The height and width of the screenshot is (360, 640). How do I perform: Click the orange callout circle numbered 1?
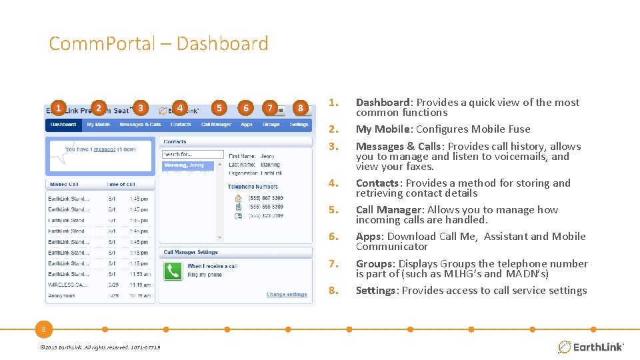(x=59, y=108)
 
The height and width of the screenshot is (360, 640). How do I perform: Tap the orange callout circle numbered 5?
(x=219, y=108)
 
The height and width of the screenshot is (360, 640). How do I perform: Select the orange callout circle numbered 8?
(x=301, y=108)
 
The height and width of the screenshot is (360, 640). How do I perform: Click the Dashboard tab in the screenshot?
(x=63, y=125)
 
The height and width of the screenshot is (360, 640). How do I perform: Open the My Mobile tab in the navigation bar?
(x=99, y=125)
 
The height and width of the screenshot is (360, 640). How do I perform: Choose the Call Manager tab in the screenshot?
(x=216, y=125)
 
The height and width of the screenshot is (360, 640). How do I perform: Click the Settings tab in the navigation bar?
(x=299, y=125)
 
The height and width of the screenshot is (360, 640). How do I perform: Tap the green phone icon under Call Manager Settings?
(x=173, y=271)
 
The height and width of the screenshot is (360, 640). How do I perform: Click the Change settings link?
(x=287, y=294)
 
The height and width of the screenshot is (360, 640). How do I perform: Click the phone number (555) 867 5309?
(x=265, y=198)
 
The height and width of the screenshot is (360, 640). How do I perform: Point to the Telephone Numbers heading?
(x=253, y=187)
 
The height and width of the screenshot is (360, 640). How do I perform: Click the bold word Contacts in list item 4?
(x=379, y=183)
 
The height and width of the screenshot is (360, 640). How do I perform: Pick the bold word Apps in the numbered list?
(x=369, y=236)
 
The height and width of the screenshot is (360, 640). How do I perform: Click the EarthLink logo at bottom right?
(x=591, y=347)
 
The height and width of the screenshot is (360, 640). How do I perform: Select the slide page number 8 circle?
(x=43, y=329)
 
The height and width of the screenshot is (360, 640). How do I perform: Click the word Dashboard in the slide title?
(x=223, y=44)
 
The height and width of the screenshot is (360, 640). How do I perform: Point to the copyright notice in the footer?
(x=99, y=347)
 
